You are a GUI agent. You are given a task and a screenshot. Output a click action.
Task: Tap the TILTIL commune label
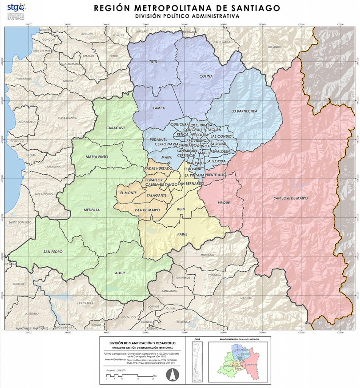point(153,61)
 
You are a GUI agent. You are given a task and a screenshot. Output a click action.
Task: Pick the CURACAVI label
point(115,128)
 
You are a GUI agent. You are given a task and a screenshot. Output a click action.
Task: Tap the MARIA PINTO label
point(97,156)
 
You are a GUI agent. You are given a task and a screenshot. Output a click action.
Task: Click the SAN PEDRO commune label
point(53,252)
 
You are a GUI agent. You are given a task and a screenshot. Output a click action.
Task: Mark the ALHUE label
point(120,272)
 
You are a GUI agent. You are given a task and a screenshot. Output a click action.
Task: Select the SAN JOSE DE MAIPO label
point(291,198)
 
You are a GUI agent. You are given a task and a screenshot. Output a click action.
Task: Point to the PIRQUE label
point(224,203)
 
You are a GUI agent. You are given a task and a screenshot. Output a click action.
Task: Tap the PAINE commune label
point(182,234)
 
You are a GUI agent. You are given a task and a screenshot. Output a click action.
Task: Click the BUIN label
point(181,209)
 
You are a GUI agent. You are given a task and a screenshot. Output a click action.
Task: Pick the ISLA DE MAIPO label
point(147,210)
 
